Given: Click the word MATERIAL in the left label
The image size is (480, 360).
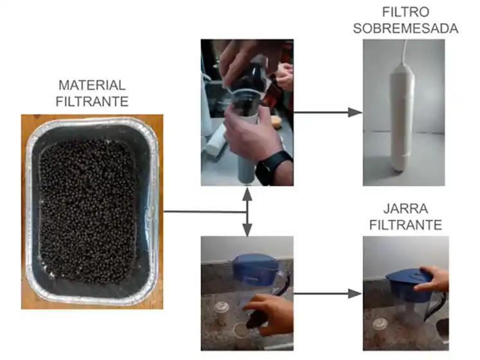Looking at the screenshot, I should [x=92, y=85].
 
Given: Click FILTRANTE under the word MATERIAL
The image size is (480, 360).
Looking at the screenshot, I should [x=92, y=101].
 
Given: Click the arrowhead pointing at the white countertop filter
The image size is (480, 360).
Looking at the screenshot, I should [x=355, y=113].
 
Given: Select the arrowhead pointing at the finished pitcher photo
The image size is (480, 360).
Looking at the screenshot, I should [x=355, y=294].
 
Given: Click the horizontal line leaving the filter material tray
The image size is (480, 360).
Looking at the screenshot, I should [x=202, y=211].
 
